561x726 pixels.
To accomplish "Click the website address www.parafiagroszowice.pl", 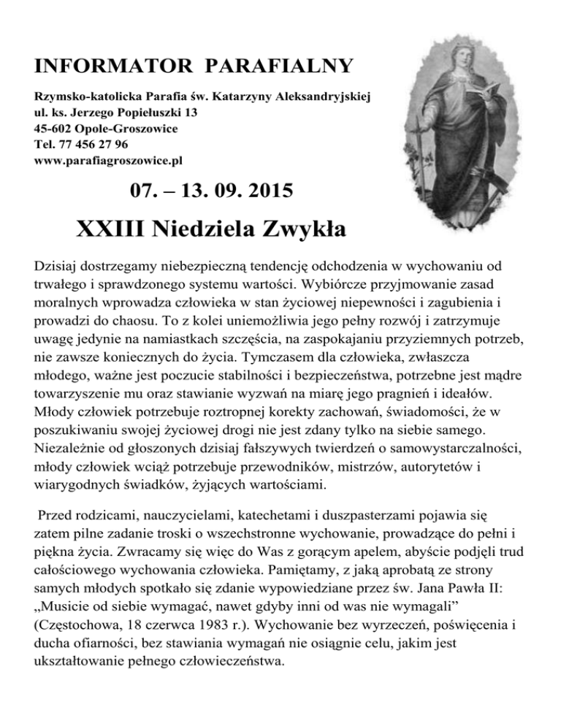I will (x=107, y=158).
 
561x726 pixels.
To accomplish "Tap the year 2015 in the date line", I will (x=261, y=193).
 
